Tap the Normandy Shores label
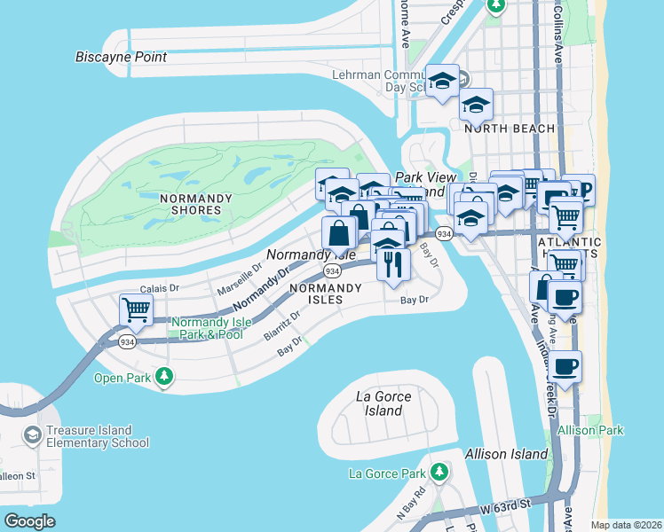(x=190, y=204)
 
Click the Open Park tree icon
(x=164, y=377)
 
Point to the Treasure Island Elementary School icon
(x=33, y=434)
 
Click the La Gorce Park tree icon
(x=438, y=471)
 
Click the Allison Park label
(x=591, y=430)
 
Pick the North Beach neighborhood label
(x=510, y=129)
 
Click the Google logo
(x=29, y=521)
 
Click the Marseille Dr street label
(x=241, y=278)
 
